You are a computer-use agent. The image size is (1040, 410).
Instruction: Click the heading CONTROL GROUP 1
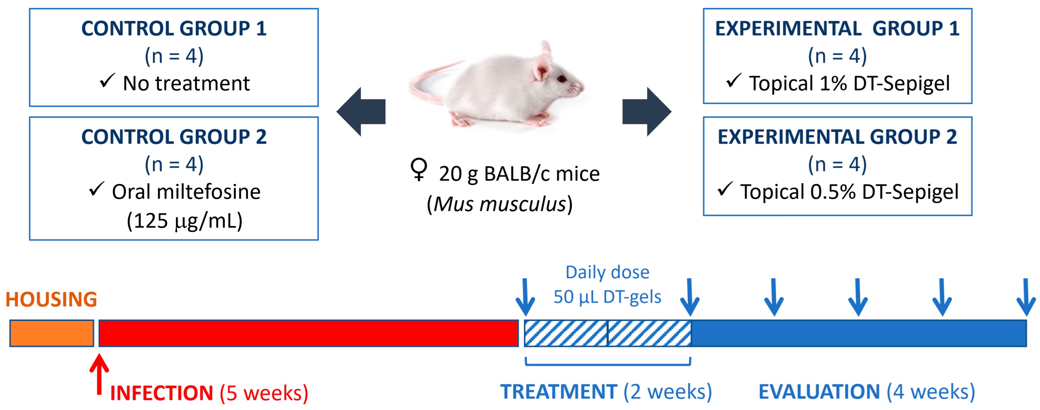tap(174, 29)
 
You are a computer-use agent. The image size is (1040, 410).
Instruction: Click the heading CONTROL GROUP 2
tap(174, 137)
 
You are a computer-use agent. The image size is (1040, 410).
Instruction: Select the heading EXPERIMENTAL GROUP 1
tap(837, 29)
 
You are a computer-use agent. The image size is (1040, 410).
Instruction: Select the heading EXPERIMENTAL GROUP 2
tap(837, 137)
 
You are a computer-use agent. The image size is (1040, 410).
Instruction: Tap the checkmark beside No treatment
tap(107, 81)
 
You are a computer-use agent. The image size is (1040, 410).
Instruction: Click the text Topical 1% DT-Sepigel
tap(849, 83)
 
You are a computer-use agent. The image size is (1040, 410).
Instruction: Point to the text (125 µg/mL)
tap(185, 220)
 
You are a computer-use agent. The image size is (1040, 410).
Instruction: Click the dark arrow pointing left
tap(361, 112)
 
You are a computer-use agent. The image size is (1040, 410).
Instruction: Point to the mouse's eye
tap(562, 79)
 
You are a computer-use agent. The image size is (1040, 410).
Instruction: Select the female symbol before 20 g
tap(419, 170)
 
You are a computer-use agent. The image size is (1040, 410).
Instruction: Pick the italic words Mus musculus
tap(500, 204)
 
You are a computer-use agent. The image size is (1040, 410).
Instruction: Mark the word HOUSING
tap(51, 300)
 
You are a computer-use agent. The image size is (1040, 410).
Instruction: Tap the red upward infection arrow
tap(99, 373)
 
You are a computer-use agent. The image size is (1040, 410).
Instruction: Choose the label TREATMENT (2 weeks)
tap(606, 392)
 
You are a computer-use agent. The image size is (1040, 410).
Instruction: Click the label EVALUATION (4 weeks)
tap(866, 392)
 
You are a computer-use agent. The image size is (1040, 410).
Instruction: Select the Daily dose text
tap(607, 273)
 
